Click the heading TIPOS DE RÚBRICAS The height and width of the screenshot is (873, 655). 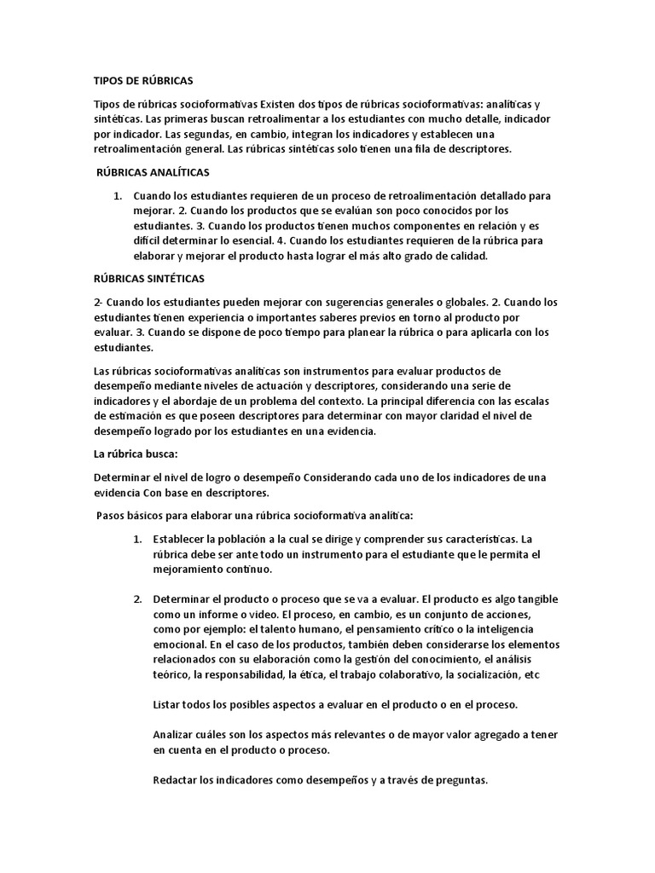coord(143,81)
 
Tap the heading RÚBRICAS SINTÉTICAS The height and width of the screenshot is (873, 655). coord(148,279)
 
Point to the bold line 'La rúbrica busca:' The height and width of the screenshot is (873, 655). coord(135,454)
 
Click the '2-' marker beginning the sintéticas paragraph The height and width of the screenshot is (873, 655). coord(98,302)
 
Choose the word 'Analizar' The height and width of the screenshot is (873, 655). coord(176,735)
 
